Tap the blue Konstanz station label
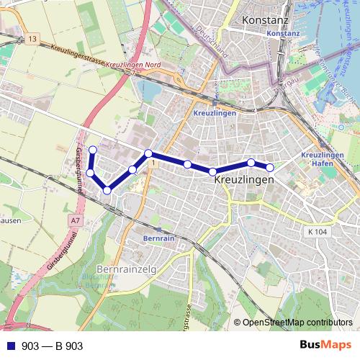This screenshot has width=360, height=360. click(x=282, y=34)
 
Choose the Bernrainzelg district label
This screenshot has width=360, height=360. click(x=127, y=270)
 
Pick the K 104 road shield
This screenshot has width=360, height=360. click(x=315, y=232)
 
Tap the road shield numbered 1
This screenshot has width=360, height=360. click(x=153, y=165)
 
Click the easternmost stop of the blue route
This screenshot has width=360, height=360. click(x=270, y=168)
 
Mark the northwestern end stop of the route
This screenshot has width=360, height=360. click(x=92, y=150)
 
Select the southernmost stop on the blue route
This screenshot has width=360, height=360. click(x=107, y=190)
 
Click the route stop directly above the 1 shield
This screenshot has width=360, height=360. click(x=148, y=153)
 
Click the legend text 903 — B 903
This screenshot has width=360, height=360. click(x=53, y=346)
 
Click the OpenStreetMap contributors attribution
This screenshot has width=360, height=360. click(x=297, y=323)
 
